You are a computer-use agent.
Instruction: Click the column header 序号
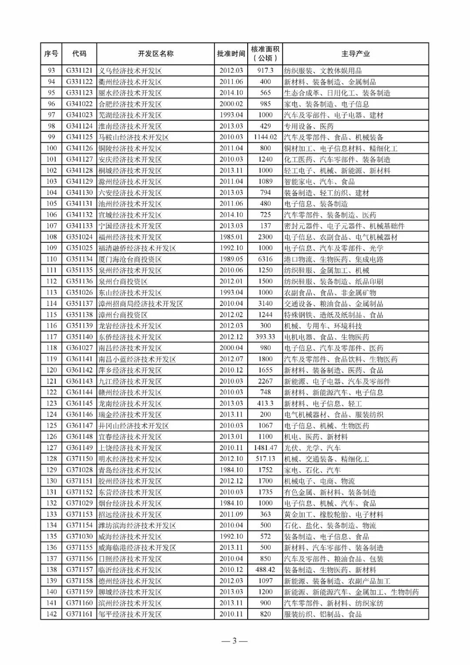coord(51,54)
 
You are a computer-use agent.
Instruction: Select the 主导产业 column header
coord(355,54)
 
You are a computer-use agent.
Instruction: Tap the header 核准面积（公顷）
coord(265,54)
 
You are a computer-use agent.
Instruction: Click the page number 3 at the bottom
coord(234,641)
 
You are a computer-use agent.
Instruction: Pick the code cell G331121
coord(79,71)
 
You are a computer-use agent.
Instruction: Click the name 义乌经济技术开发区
coord(130,71)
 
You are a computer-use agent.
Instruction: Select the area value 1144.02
coord(265,137)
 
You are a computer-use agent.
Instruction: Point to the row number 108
coord(51,237)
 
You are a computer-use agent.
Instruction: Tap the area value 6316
coord(265,259)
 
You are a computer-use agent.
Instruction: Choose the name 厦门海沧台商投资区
coord(130,259)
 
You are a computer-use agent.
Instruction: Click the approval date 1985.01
coord(231,237)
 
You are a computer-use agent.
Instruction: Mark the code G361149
coord(79,447)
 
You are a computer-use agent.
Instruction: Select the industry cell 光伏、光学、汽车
coord(312,448)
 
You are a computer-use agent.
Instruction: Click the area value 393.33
coord(265,337)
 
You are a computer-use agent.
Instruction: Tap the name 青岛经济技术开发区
coord(130,470)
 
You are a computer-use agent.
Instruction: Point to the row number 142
coord(51,614)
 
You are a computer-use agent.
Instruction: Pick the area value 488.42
coord(265,570)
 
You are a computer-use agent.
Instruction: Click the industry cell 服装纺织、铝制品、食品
coord(322,614)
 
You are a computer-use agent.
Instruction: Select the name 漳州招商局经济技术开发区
coord(140,304)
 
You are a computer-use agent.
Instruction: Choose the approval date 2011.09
coord(231,514)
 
